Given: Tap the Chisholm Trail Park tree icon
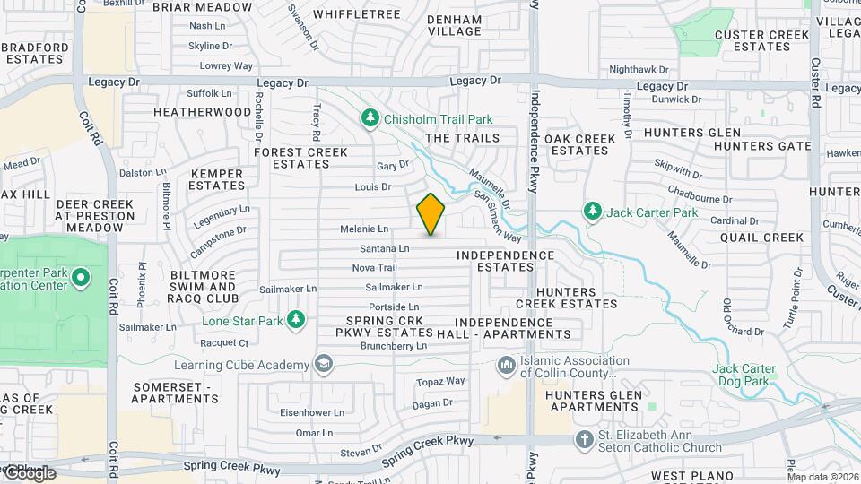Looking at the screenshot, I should [x=370, y=118].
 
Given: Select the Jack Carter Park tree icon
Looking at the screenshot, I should [x=592, y=212].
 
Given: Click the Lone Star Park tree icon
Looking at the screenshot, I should [x=297, y=320].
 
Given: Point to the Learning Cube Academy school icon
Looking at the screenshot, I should [x=323, y=363].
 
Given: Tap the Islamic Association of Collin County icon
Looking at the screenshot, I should [x=506, y=366].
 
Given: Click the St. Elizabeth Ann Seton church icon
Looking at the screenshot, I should [x=584, y=439].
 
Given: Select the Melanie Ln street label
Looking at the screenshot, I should [x=364, y=229].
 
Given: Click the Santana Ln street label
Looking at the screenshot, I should [x=384, y=248].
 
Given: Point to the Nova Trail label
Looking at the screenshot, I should [x=374, y=267].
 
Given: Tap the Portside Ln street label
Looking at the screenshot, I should [x=395, y=307].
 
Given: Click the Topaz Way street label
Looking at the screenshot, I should [x=441, y=381].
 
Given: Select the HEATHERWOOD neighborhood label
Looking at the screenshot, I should [x=203, y=112].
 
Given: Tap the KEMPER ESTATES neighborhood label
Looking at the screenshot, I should [x=217, y=179].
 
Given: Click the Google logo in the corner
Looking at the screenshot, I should [x=29, y=472].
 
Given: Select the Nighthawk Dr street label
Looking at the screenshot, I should [x=639, y=69].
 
